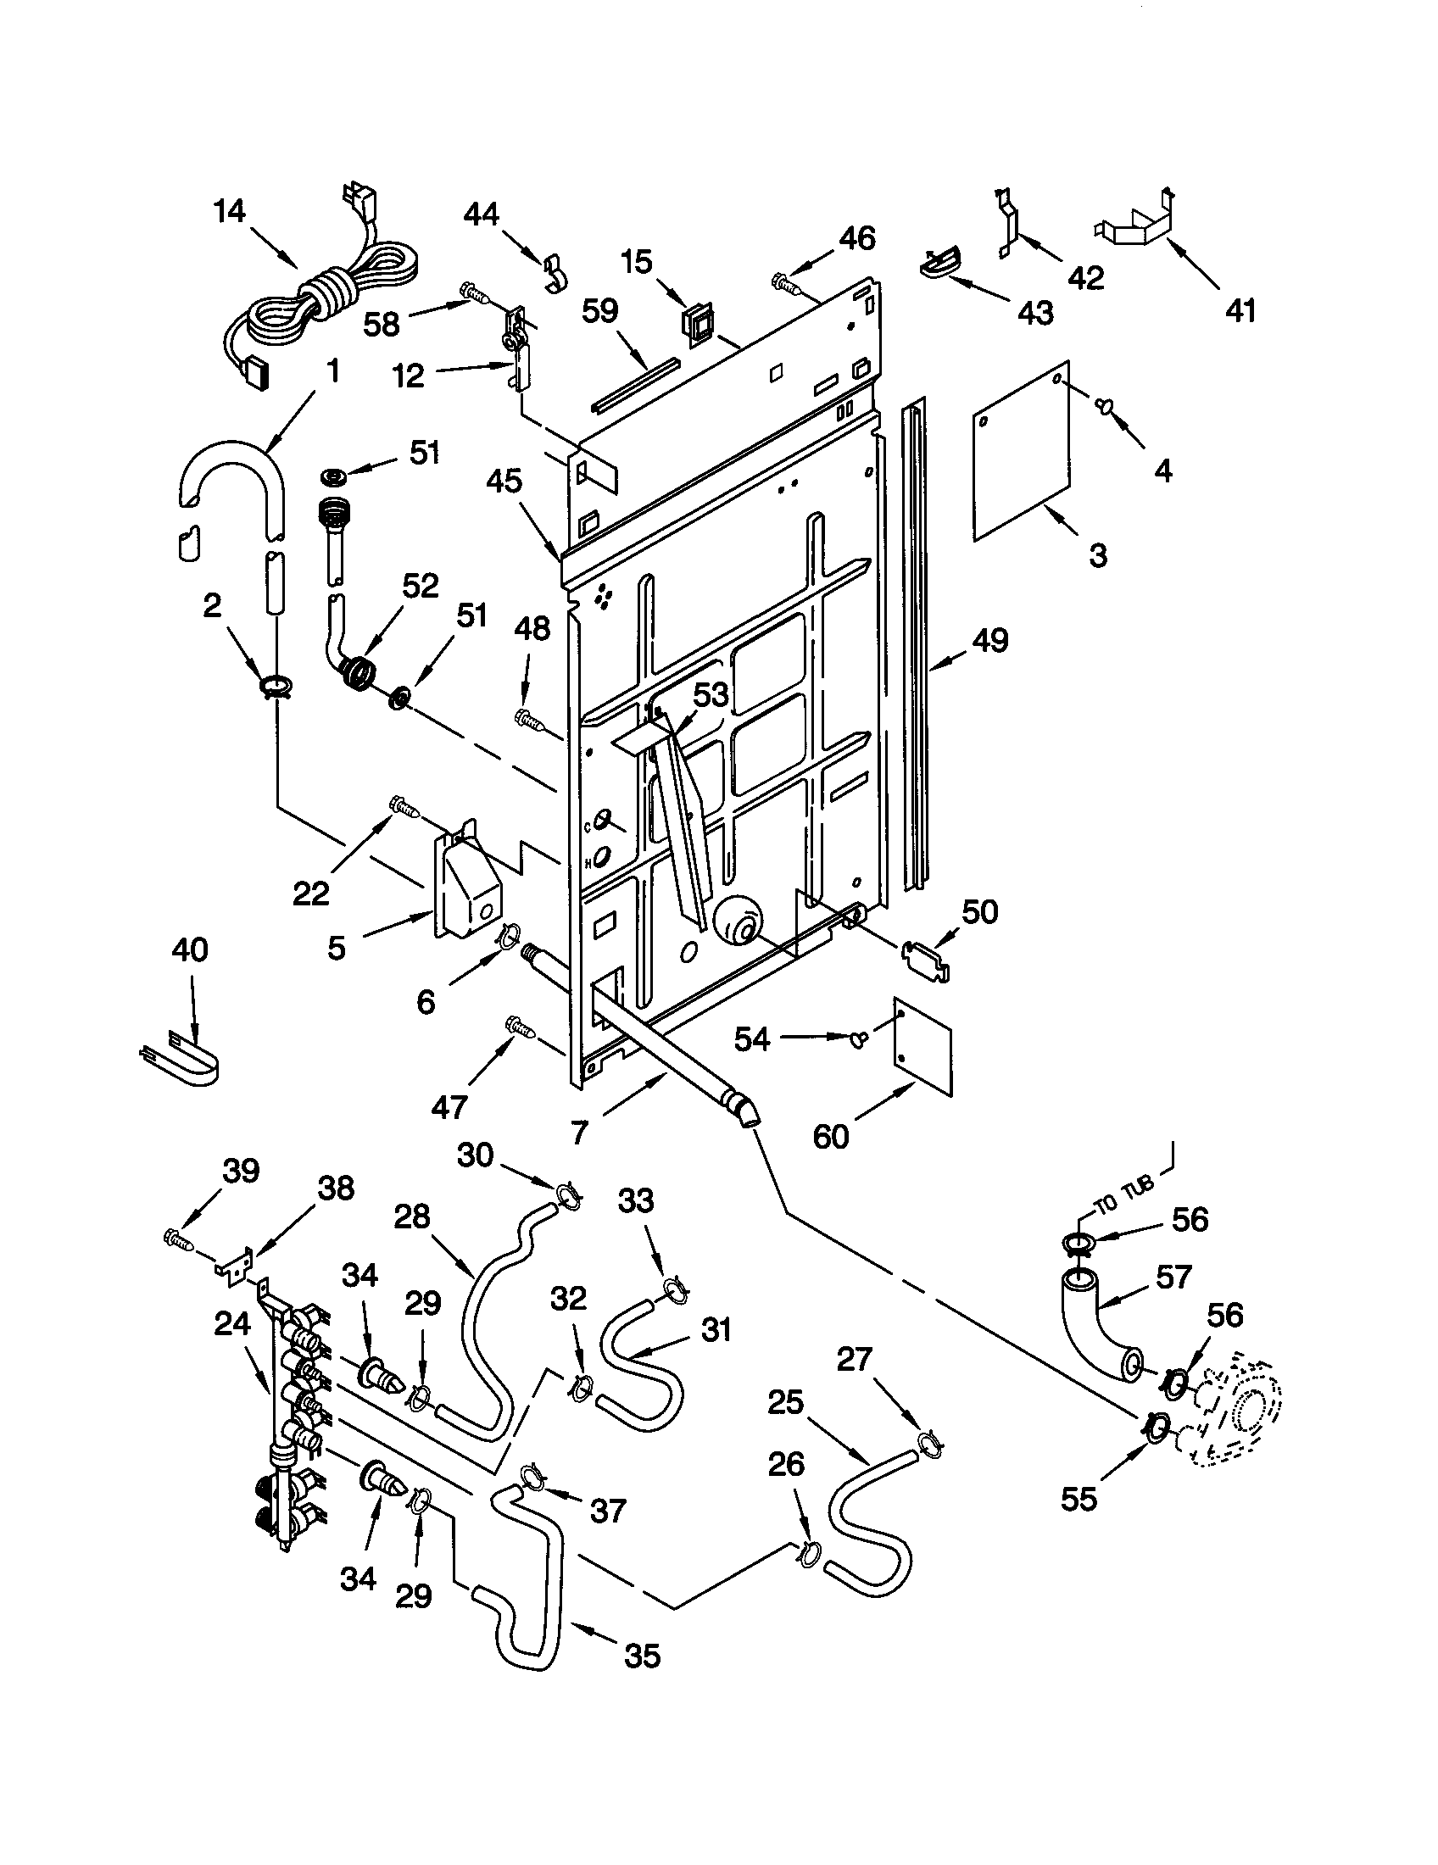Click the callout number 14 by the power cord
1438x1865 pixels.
[x=230, y=210]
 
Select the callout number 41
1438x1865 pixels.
[x=1240, y=311]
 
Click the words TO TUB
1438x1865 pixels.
[x=1124, y=1194]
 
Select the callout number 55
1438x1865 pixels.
[x=1078, y=1499]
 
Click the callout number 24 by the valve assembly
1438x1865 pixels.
[x=231, y=1323]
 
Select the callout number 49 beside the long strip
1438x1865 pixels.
[x=990, y=639]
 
